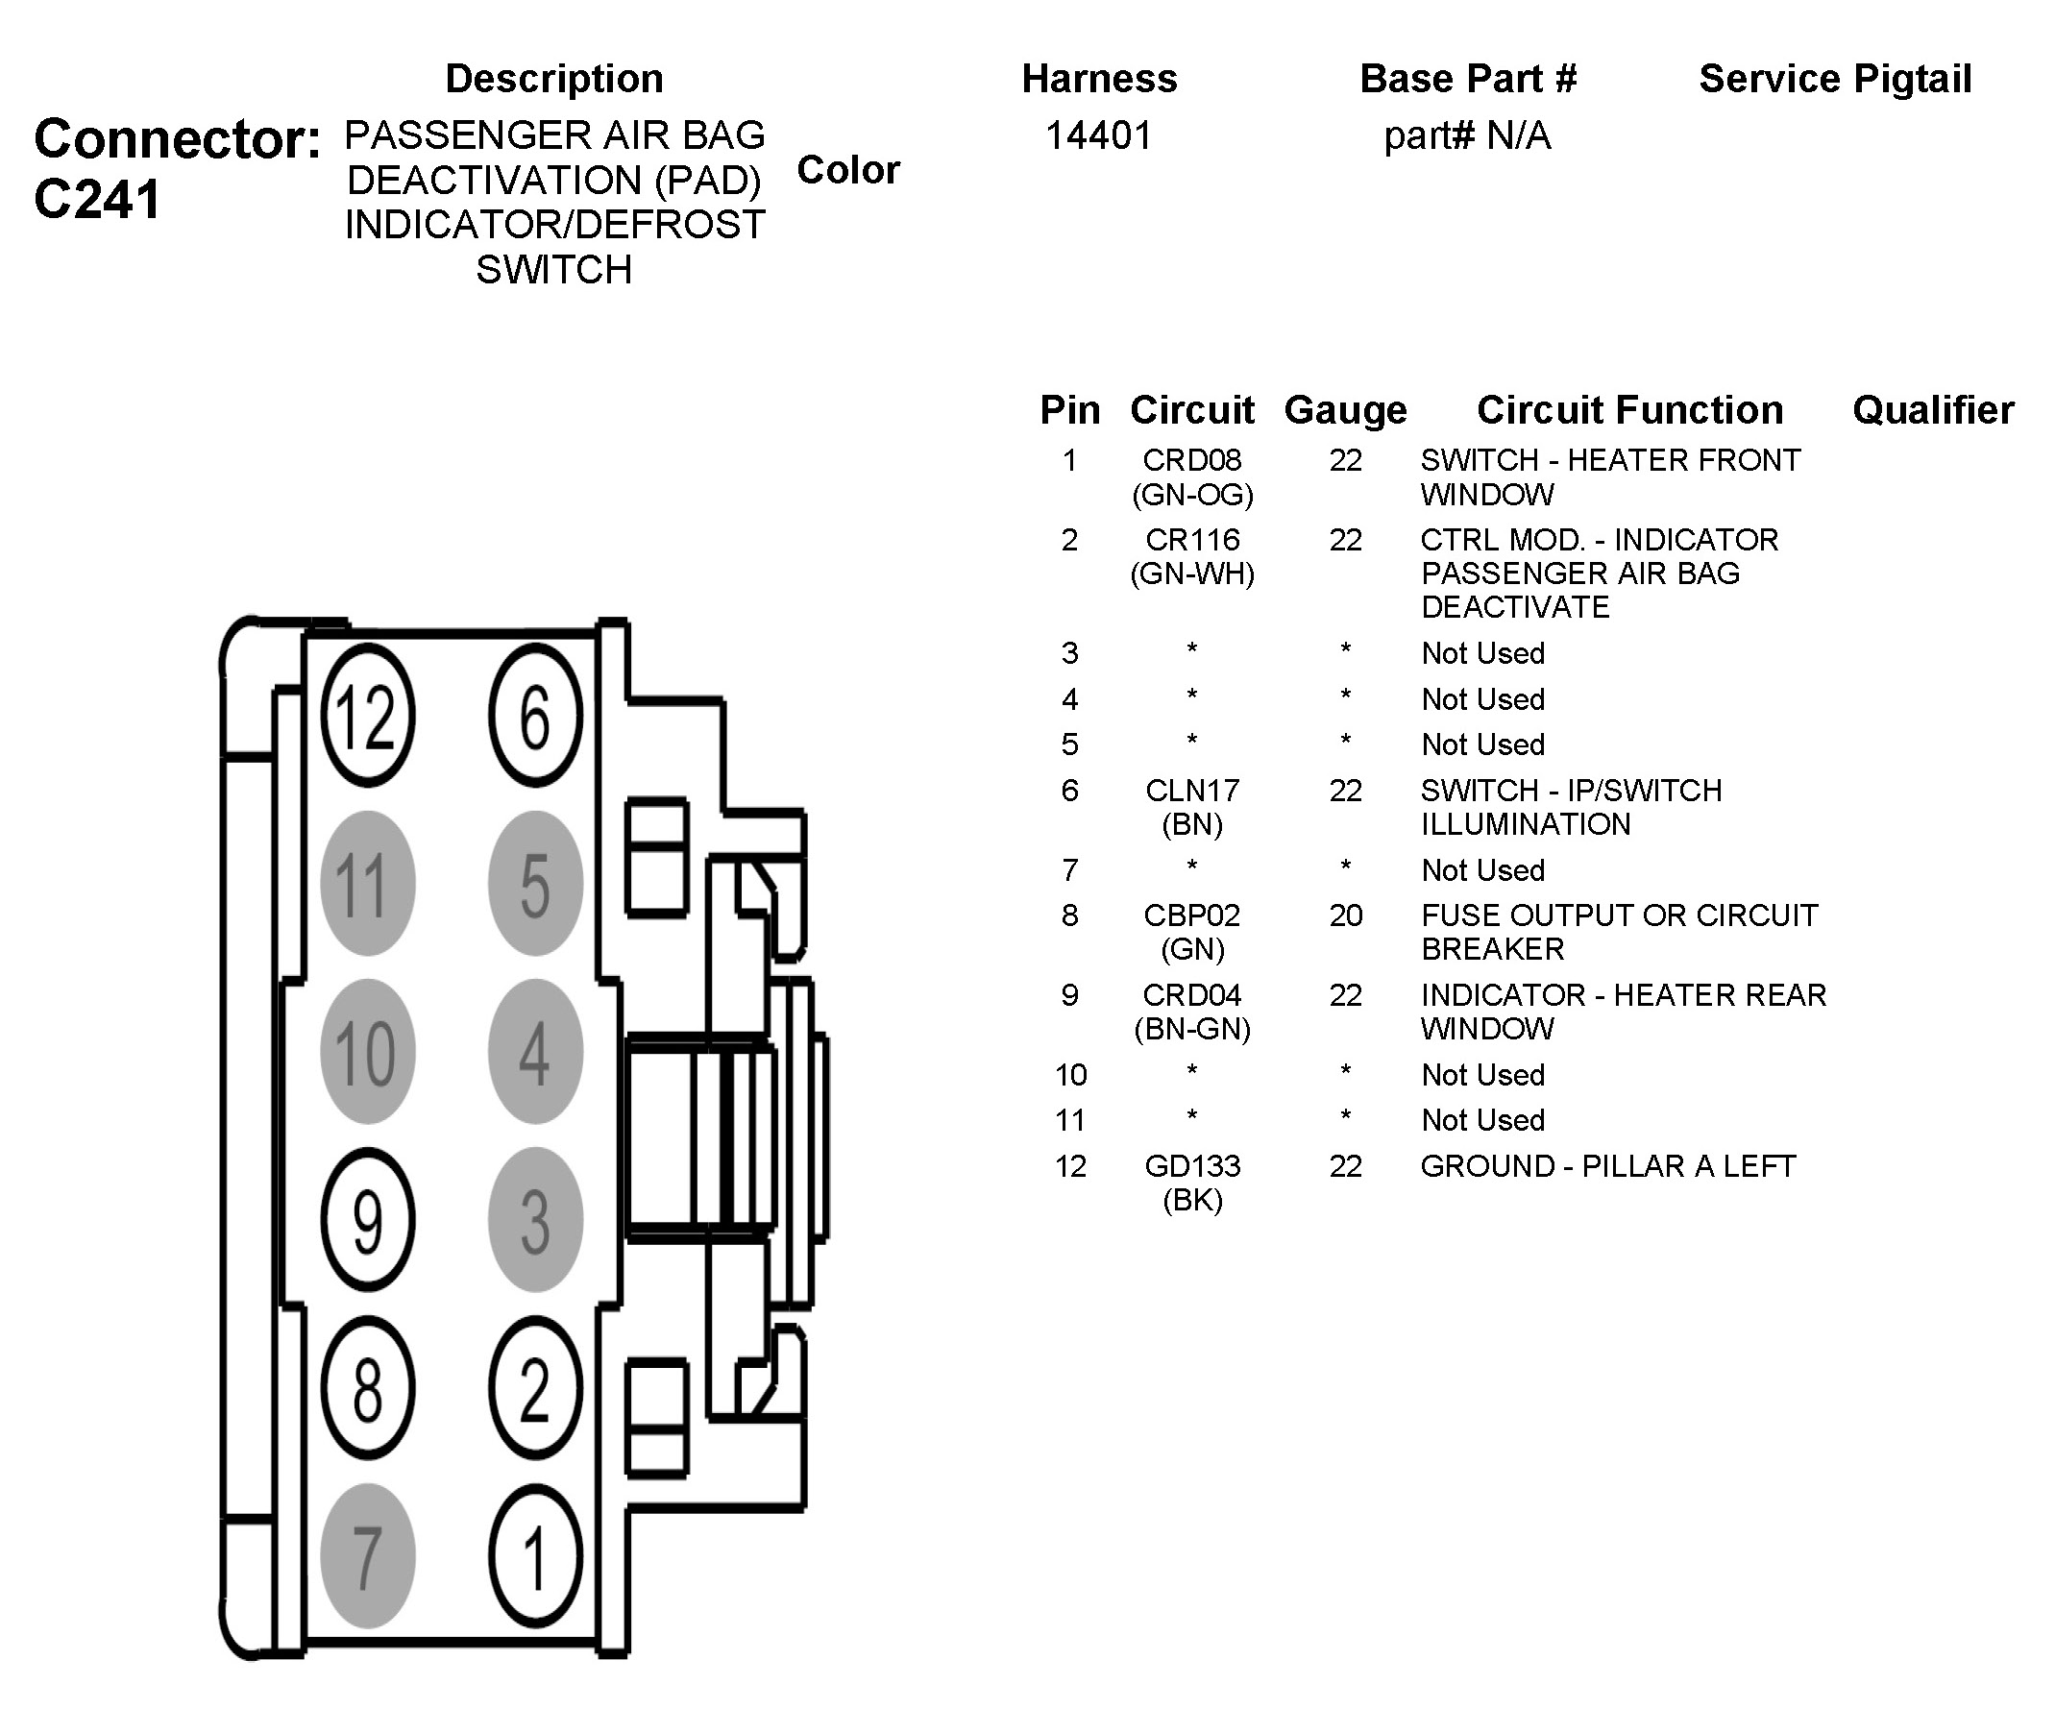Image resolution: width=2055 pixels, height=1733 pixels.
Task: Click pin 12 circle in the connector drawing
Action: (367, 717)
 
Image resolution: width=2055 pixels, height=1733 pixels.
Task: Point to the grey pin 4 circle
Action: (535, 1052)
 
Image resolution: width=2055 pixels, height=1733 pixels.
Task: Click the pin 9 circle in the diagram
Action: (367, 1220)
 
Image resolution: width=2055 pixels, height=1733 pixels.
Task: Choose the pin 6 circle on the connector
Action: (535, 717)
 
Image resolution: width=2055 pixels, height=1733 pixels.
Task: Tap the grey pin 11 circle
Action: (367, 883)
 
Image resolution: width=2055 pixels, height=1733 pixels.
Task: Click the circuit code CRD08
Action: (1191, 460)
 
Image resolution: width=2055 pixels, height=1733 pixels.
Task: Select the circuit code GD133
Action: (1191, 1166)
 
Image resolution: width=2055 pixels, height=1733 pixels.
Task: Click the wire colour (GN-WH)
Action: (1191, 574)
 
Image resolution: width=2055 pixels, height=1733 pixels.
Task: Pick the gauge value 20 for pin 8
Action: (1345, 915)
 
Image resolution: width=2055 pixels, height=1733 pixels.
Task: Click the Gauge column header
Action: (1345, 409)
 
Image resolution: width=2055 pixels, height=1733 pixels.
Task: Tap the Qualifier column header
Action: (1932, 409)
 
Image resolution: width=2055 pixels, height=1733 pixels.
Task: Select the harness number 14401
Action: (1098, 135)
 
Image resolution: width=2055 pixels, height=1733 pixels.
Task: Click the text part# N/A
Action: (1467, 135)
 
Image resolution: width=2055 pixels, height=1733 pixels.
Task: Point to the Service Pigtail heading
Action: (1835, 79)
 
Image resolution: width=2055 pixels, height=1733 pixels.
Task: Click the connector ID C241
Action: (97, 201)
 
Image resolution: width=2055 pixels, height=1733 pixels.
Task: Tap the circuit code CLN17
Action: (1191, 791)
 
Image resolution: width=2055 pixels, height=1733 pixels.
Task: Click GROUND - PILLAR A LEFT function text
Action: (1608, 1166)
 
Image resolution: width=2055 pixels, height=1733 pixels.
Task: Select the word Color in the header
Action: (847, 170)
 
